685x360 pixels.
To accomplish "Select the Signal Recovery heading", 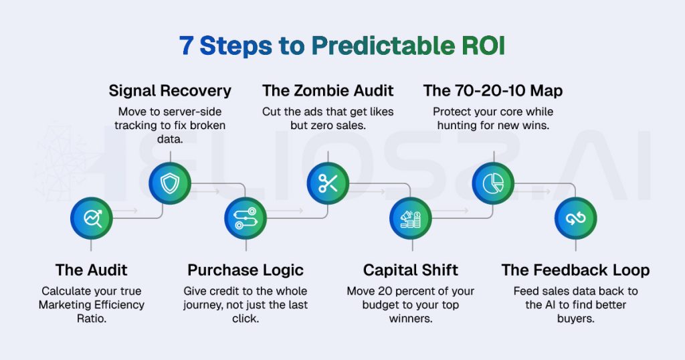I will coord(170,91).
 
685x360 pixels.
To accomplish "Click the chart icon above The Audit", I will coord(92,218).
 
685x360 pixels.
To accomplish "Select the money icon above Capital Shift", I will coord(411,218).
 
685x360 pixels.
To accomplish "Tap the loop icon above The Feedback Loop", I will coord(575,218).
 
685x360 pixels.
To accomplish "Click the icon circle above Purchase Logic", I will coord(246,218).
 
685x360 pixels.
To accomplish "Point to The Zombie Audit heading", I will coord(328,91).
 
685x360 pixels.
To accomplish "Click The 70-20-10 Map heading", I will coord(493,91).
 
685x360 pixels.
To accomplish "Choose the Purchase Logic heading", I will coord(246,270).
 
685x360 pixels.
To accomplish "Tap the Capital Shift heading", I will coord(411,270).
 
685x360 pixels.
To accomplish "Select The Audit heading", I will coord(92,270).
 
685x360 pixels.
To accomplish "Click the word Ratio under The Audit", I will coord(92,319).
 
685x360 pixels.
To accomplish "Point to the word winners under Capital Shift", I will coord(410,319).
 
